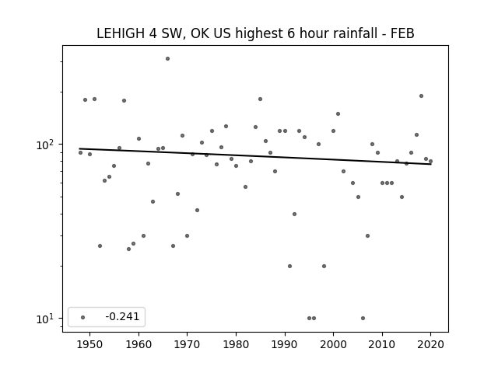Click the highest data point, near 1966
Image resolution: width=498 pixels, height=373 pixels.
[168, 59]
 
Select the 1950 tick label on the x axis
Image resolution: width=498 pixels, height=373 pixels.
[90, 344]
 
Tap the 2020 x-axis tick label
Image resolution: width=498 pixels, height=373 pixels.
[430, 344]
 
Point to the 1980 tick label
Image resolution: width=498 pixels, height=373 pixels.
[236, 344]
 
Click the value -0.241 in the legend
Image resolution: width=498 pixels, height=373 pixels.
[122, 316]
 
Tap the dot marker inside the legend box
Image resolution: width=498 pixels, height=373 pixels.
[83, 317]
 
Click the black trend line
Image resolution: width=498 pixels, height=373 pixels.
[255, 156]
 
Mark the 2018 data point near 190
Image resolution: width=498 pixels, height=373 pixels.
[421, 96]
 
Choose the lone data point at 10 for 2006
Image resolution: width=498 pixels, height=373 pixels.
[363, 318]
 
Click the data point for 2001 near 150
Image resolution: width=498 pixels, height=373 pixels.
[338, 114]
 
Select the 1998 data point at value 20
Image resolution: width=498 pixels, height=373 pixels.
[324, 266]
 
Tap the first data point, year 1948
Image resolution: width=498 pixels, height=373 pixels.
[80, 153]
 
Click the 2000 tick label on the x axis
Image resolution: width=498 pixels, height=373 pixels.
[334, 344]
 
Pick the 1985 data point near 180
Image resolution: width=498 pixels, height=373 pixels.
[261, 99]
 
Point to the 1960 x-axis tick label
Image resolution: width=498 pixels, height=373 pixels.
[139, 344]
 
